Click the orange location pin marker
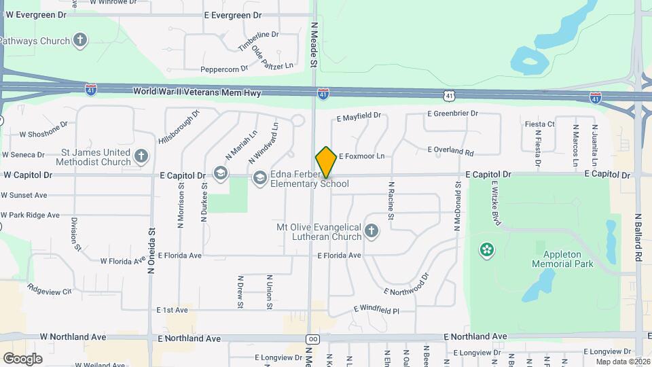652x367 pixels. pyautogui.click(x=326, y=162)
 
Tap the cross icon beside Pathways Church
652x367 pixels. pyautogui.click(x=81, y=41)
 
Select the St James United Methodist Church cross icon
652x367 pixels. pyautogui.click(x=141, y=157)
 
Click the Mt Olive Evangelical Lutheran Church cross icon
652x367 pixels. pyautogui.click(x=371, y=231)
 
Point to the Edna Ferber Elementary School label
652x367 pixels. pyautogui.click(x=310, y=179)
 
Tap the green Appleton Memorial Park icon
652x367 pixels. pyautogui.click(x=486, y=250)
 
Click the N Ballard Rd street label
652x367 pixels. pyautogui.click(x=638, y=238)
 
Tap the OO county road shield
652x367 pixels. pyautogui.click(x=312, y=339)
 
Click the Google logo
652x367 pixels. pyautogui.click(x=22, y=358)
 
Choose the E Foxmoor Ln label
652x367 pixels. pyautogui.click(x=361, y=156)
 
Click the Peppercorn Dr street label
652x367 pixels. pyautogui.click(x=224, y=69)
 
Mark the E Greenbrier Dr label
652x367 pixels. pyautogui.click(x=452, y=113)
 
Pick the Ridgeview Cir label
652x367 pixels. pyautogui.click(x=50, y=290)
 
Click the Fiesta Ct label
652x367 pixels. pyautogui.click(x=540, y=124)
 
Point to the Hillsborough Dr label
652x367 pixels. pyautogui.click(x=179, y=127)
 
